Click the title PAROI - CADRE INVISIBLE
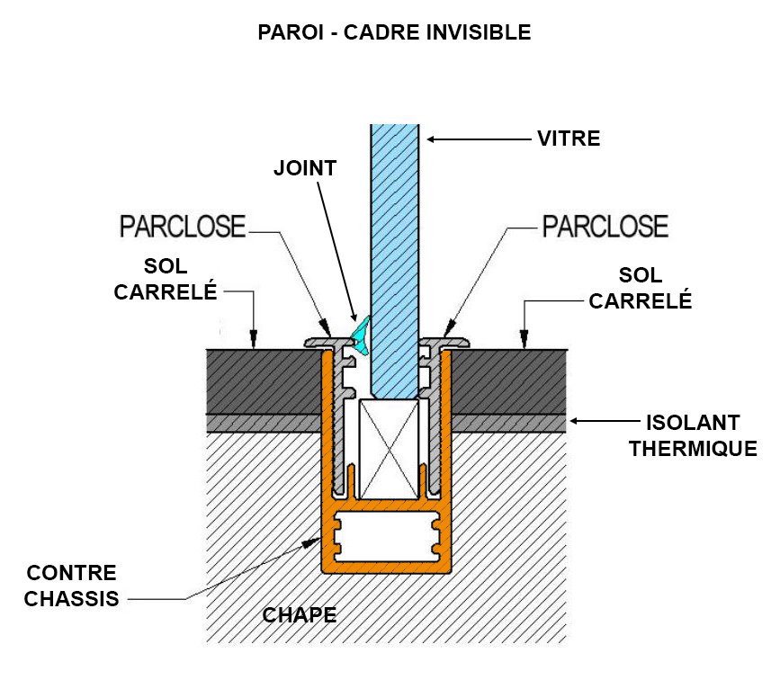click(x=394, y=32)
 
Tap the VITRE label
click(x=569, y=139)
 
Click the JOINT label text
click(x=305, y=168)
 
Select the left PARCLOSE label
click(x=183, y=227)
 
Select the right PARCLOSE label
click(x=605, y=227)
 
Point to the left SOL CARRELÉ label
click(x=166, y=279)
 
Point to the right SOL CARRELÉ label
click(x=641, y=288)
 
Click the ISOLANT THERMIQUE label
click(x=693, y=435)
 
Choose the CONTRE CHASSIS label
click(x=72, y=586)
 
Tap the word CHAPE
click(x=300, y=615)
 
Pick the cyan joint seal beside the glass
click(x=361, y=336)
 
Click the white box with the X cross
click(x=389, y=449)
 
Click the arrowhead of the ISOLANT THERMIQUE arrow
click(x=574, y=421)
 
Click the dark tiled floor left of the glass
click(x=264, y=381)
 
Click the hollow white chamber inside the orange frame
click(x=387, y=536)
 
